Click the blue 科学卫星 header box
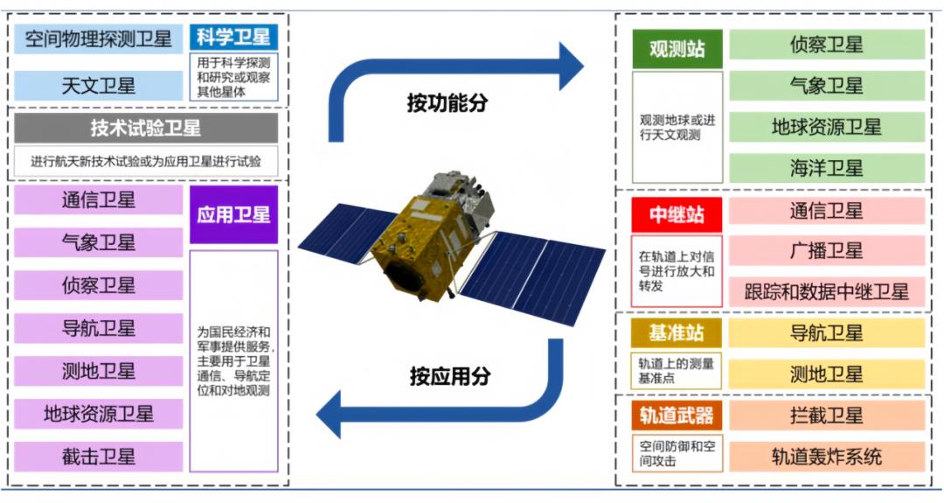233,38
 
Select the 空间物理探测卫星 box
98,39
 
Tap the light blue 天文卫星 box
98,86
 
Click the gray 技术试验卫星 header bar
146,128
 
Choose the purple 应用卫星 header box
233,214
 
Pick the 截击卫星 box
98,457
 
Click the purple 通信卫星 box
98,200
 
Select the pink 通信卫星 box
827,211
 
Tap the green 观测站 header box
677,49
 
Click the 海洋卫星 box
827,168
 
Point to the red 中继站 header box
677,215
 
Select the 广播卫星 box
827,250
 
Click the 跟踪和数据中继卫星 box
827,292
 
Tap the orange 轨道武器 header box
676,416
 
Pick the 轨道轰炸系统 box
827,457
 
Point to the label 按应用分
450,376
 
